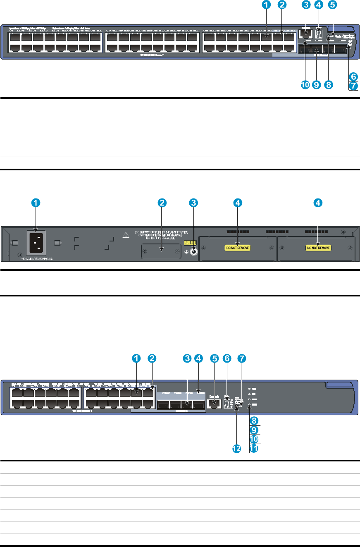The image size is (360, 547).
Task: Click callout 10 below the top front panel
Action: [305, 85]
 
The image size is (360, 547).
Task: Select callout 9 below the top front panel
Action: [317, 85]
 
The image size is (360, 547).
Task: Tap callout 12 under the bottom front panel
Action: [236, 450]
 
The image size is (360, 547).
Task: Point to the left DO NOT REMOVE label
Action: [238, 248]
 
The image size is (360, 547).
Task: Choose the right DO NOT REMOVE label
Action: [318, 248]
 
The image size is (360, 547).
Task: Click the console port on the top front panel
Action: [306, 35]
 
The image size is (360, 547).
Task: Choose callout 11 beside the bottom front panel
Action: [255, 448]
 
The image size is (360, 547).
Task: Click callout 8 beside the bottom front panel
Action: [255, 420]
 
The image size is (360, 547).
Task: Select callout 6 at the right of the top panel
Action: [353, 76]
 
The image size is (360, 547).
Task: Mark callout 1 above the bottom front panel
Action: [135, 358]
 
